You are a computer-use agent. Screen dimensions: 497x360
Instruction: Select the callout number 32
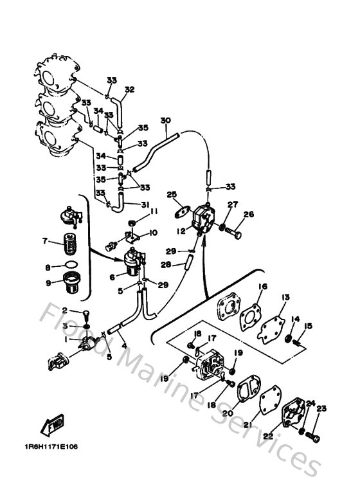(x=129, y=89)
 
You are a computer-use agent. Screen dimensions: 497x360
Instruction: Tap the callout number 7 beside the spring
(x=44, y=242)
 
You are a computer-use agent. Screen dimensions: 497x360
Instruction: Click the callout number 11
(x=154, y=211)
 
